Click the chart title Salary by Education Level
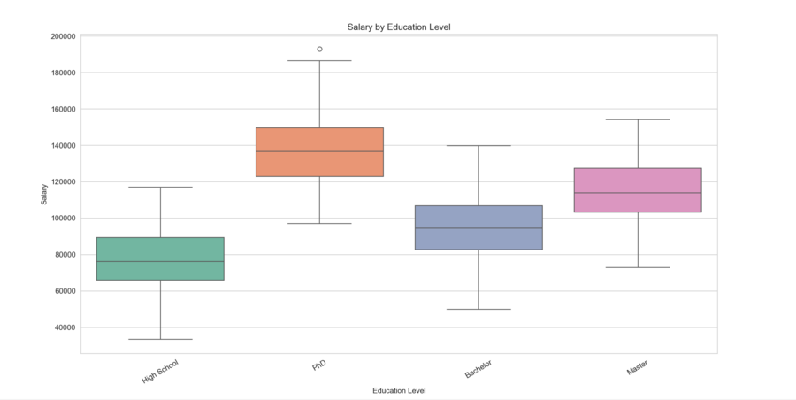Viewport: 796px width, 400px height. (399, 27)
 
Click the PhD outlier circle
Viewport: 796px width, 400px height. (319, 49)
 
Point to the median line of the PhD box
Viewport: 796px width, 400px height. (319, 151)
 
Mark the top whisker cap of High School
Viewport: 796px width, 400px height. (160, 187)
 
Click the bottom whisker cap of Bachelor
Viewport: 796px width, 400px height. (478, 309)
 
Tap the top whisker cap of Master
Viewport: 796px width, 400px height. (638, 119)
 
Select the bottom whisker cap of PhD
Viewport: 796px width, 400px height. (319, 223)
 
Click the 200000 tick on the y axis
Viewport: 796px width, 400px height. (62, 36)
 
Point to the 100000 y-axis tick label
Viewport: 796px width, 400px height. (62, 219)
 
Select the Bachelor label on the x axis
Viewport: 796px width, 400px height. (478, 368)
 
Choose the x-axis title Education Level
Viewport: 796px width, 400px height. (399, 390)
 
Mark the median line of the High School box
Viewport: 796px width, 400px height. (160, 261)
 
